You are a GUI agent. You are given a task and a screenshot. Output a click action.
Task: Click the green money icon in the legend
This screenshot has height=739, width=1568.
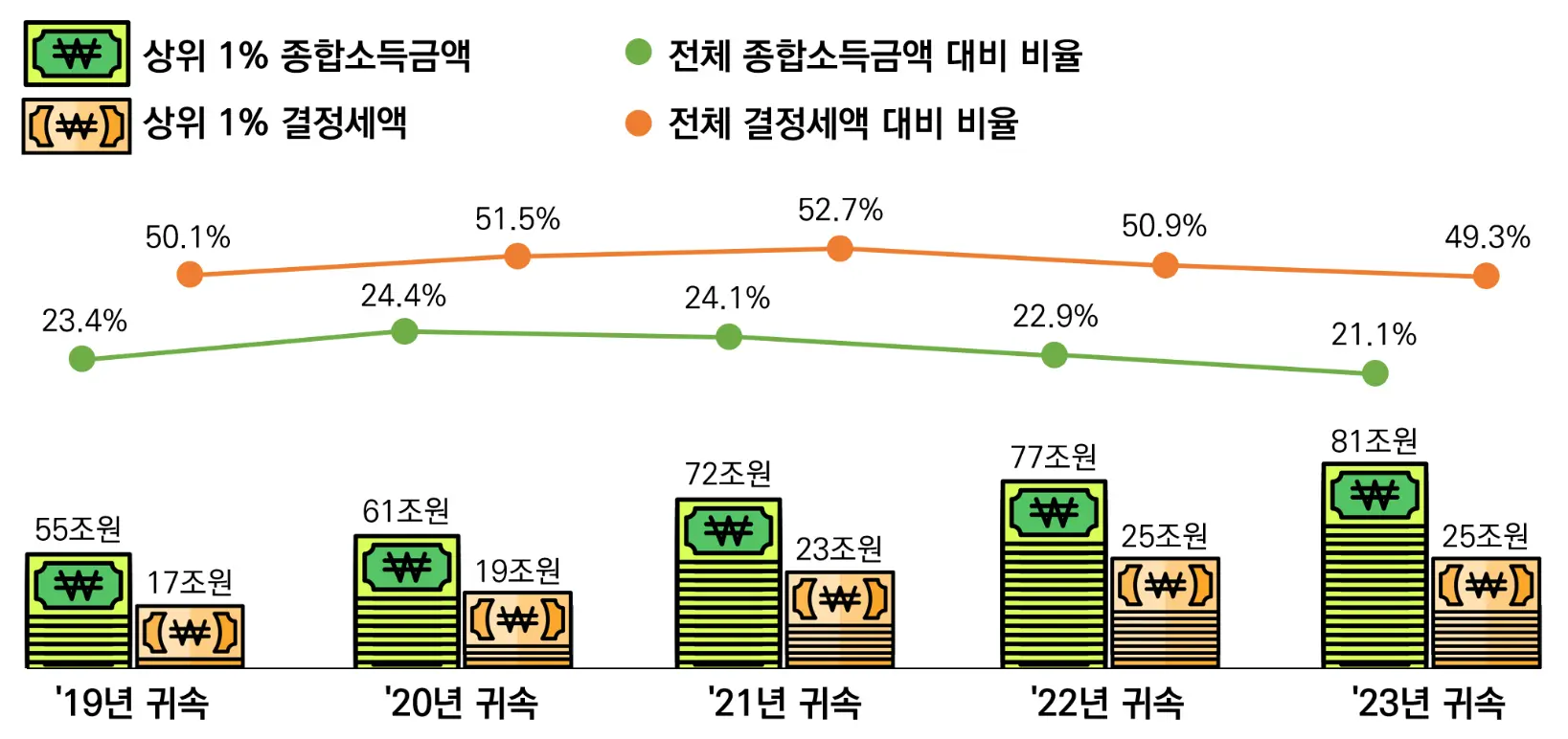click(x=77, y=54)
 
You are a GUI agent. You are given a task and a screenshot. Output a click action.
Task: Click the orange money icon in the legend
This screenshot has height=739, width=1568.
click(x=77, y=125)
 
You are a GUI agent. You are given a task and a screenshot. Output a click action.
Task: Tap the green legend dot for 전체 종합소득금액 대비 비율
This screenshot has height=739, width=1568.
click(x=638, y=52)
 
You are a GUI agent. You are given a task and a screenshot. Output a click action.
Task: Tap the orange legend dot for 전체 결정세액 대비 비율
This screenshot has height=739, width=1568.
click(x=638, y=123)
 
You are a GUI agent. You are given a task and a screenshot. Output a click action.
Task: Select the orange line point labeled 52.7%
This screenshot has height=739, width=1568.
click(x=840, y=249)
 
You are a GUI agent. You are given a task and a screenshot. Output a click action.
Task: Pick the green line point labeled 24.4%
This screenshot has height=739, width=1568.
click(x=405, y=331)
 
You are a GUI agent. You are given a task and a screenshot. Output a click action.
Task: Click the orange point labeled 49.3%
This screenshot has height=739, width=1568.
click(x=1486, y=276)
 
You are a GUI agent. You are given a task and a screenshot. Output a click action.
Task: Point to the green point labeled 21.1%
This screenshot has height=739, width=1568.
click(x=1375, y=372)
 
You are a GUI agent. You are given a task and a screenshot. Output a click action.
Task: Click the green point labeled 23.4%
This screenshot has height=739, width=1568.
click(x=82, y=359)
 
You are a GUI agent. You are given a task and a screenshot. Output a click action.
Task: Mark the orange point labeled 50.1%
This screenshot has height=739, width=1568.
click(x=190, y=275)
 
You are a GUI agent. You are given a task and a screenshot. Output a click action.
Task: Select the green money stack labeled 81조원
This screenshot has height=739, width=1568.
click(x=1375, y=565)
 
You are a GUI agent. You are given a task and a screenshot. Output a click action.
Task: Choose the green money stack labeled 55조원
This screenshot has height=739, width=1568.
click(x=78, y=610)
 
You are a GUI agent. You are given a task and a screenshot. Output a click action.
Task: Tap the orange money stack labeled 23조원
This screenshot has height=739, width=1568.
click(x=840, y=618)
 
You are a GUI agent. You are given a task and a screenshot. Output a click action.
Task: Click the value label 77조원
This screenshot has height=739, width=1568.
click(x=1054, y=458)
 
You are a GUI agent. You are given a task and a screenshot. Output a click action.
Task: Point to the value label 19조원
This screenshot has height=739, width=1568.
click(x=517, y=571)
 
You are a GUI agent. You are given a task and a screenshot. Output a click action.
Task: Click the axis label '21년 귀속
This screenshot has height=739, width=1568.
click(x=784, y=704)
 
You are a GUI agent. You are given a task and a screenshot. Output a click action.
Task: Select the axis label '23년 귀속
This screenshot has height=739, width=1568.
click(x=1428, y=704)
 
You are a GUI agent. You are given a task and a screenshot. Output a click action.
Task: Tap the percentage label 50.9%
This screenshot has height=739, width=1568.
click(x=1164, y=226)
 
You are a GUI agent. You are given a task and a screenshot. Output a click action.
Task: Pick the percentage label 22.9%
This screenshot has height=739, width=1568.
click(x=1055, y=316)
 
